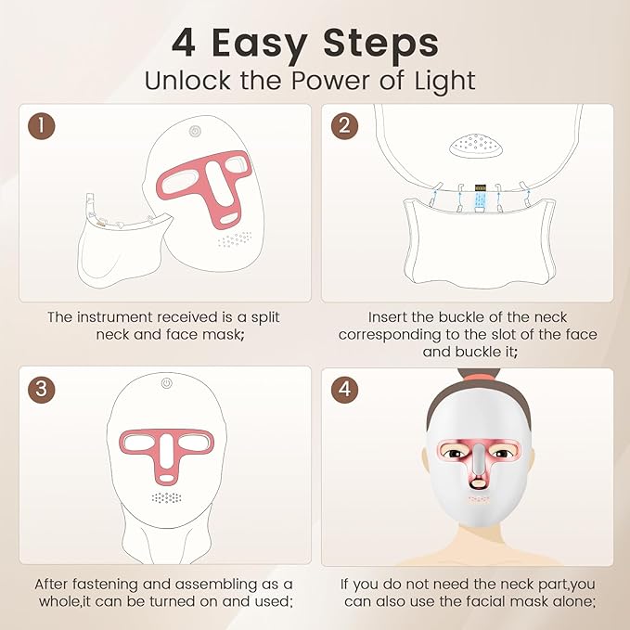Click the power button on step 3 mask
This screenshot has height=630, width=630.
click(x=165, y=383)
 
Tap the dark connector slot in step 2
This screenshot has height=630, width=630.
click(x=480, y=198)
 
